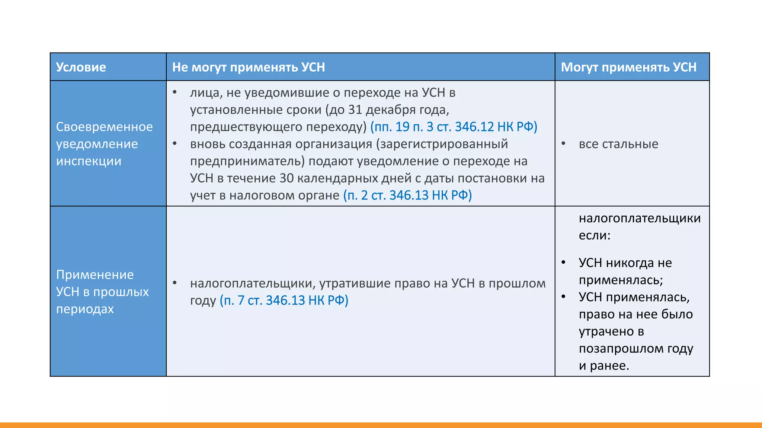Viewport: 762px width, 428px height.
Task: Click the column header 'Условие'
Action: click(81, 67)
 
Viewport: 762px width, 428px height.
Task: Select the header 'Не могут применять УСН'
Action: click(248, 67)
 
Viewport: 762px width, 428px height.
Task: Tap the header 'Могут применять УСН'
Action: click(628, 67)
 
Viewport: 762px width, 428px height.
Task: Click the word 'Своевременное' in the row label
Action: click(104, 127)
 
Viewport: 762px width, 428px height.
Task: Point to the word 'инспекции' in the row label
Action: click(89, 161)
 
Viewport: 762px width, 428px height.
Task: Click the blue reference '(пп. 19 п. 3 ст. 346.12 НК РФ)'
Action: click(454, 127)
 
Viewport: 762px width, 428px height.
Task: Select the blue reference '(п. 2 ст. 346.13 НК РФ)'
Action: click(407, 195)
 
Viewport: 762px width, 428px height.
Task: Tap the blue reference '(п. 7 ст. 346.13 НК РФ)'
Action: click(284, 301)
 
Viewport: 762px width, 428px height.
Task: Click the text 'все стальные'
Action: click(618, 144)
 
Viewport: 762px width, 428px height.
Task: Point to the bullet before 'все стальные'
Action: click(563, 143)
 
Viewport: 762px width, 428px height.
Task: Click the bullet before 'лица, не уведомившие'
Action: click(175, 92)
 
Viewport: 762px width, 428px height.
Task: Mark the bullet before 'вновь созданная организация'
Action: click(175, 143)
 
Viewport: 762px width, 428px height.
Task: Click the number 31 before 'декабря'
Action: click(355, 110)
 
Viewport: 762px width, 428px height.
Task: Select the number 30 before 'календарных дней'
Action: click(286, 178)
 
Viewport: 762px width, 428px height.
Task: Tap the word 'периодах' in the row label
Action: click(85, 309)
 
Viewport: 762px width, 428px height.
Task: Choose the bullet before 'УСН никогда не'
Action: click(563, 262)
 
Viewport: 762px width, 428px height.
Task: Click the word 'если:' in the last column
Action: click(594, 236)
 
